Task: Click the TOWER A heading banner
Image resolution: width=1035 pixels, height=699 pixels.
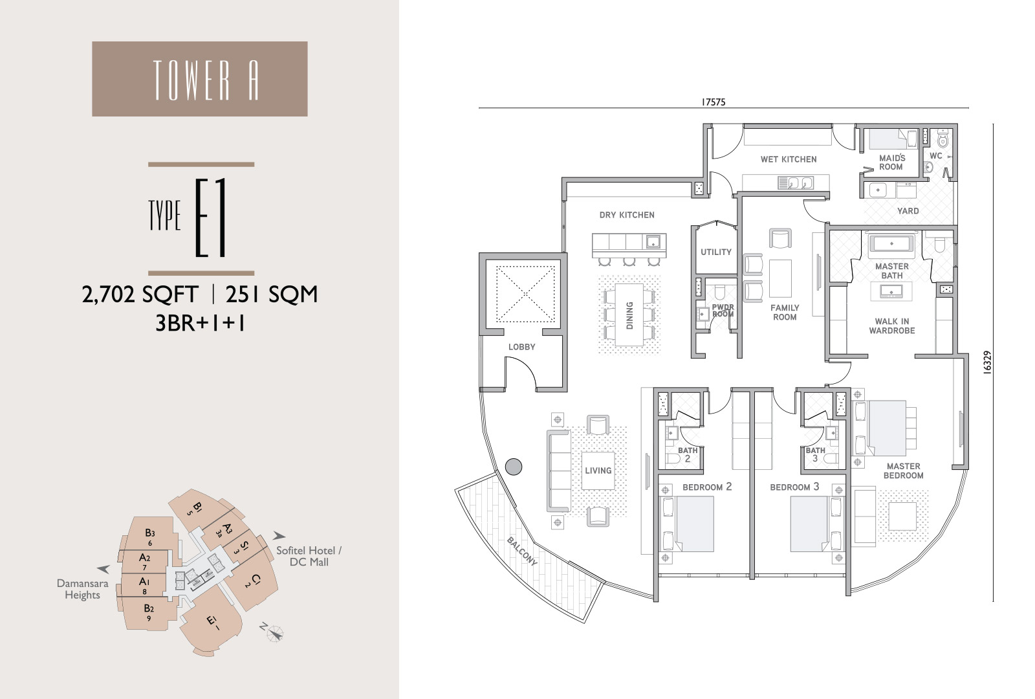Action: (200, 78)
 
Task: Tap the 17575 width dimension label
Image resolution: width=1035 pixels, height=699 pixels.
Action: (714, 102)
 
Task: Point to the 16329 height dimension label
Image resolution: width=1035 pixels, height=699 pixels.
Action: (987, 362)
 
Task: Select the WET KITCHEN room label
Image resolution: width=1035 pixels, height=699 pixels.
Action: (789, 159)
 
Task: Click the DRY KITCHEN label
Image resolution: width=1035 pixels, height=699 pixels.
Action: (627, 215)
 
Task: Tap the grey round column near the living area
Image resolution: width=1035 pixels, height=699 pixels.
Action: (514, 467)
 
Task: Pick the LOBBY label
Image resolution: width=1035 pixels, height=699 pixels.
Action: (521, 347)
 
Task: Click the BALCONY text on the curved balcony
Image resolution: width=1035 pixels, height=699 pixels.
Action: (522, 551)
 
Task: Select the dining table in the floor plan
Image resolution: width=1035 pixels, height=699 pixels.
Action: (629, 315)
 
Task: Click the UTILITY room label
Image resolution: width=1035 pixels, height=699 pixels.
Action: (715, 252)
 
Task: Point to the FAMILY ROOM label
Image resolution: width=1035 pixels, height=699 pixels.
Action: (785, 313)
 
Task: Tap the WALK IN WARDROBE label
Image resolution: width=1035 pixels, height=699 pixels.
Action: (892, 326)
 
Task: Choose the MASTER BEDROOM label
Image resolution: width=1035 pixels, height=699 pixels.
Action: (903, 471)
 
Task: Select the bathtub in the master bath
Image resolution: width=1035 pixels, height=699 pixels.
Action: (891, 243)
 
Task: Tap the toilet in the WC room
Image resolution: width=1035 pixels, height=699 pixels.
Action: (942, 139)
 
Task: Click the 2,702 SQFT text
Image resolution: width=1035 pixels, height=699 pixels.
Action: (140, 294)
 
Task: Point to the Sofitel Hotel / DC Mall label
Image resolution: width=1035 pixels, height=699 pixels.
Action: (309, 556)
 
